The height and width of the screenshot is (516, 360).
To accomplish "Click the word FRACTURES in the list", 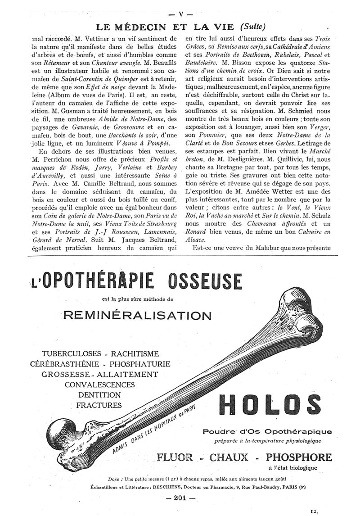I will [100, 404].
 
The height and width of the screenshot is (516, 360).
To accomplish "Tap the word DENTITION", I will [99, 394].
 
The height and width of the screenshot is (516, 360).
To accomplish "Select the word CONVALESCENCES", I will [100, 384].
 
